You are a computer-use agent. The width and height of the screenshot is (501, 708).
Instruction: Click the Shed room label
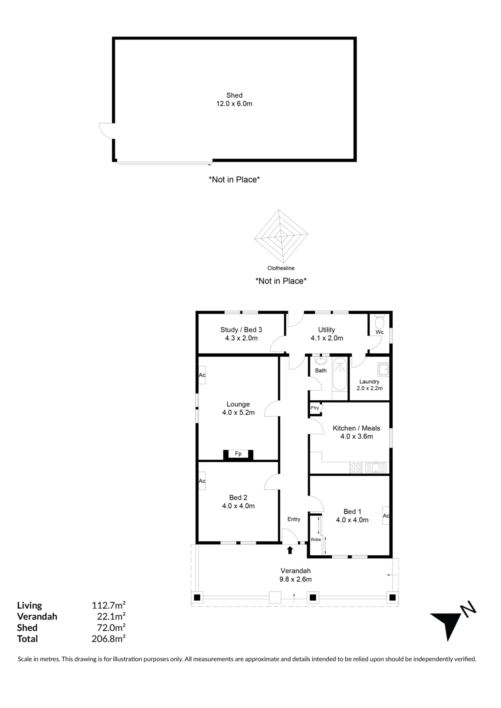coord(234,95)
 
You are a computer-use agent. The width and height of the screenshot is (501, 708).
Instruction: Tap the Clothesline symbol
coord(281,235)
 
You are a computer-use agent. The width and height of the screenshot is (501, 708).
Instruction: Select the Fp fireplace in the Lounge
coord(238,455)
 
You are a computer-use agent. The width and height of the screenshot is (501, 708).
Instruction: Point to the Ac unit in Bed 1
coord(386,515)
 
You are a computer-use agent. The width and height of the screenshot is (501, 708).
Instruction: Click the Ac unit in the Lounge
coord(202,375)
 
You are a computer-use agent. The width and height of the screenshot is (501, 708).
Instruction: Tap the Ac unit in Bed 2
coord(202,481)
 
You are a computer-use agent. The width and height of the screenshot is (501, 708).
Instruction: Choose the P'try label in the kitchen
coord(315,408)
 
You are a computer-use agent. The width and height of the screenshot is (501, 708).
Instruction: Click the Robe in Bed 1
coord(316,535)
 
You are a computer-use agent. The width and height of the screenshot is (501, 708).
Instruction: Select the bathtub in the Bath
coord(340,374)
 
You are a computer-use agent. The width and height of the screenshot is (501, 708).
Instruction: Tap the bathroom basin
coord(321,361)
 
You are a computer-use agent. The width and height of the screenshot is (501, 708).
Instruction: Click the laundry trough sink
coord(383,369)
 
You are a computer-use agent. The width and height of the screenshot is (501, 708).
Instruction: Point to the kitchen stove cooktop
coord(356,467)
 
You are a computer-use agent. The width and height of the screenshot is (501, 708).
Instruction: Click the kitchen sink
coord(376,467)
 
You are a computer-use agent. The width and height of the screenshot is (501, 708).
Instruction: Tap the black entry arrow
coord(290,550)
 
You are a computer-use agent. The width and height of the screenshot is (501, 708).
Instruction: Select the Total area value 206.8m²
coord(109,639)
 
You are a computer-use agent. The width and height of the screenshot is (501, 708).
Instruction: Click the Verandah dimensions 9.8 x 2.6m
coord(295,579)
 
